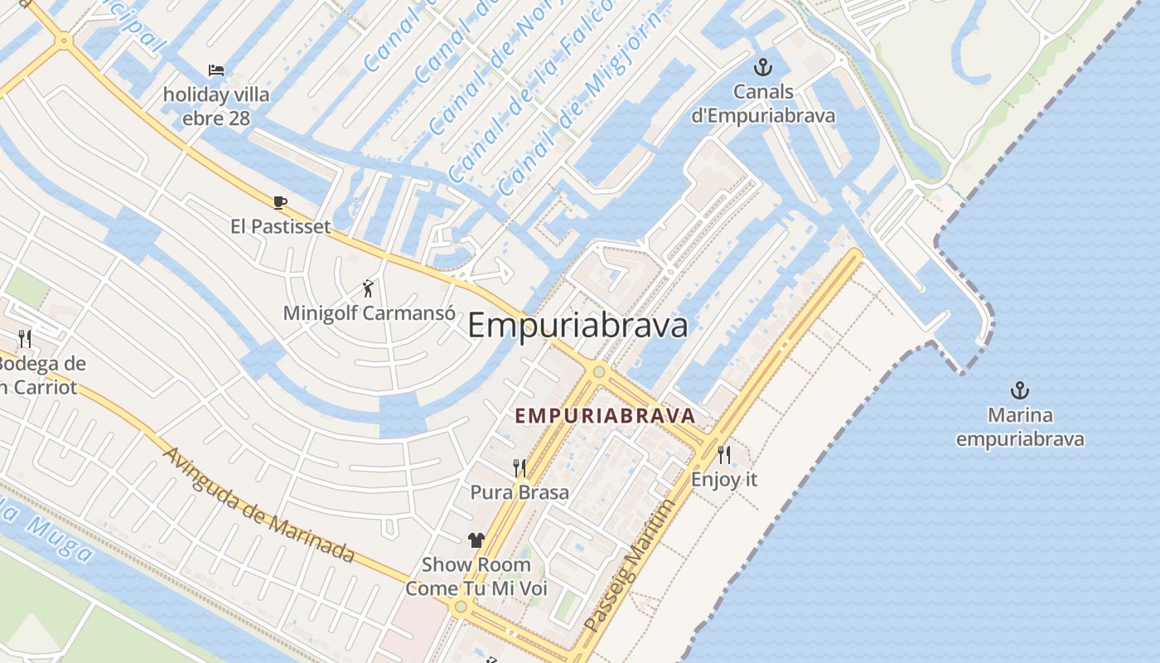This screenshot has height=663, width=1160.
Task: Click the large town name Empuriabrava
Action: point(578,326)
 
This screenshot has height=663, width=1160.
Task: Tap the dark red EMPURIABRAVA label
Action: point(604,415)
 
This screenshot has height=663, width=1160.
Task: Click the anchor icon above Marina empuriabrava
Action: point(1019,390)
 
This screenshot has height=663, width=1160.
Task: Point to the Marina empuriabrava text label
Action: point(1020,427)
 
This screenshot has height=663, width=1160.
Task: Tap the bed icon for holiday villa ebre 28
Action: point(216,70)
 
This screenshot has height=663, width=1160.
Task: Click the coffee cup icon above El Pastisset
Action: point(280,202)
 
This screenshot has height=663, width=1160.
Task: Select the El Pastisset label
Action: point(280,226)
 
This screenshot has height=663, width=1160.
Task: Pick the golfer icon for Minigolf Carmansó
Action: point(369,288)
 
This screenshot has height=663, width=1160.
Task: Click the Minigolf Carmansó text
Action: point(369,313)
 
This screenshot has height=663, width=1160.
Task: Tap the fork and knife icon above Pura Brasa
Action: point(520,468)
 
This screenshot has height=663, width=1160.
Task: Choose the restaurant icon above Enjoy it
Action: point(724,454)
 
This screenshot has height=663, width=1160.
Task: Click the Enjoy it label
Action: point(724,479)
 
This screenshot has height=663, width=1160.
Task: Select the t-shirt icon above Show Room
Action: point(476,540)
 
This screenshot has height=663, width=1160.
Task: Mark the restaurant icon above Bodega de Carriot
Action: point(25,338)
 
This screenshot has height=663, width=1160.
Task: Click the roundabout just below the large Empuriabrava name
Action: point(599,371)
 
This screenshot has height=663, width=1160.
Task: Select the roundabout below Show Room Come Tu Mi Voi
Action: point(461,607)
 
